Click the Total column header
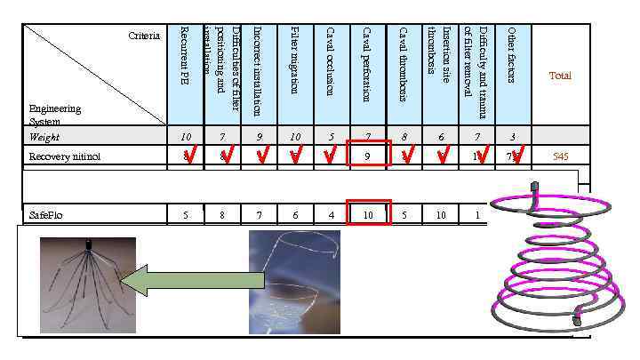tap(560, 76)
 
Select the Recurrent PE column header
tap(186, 54)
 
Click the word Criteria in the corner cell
tap(144, 36)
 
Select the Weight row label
tap(44, 137)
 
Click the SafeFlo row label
tap(46, 215)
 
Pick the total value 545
tap(560, 156)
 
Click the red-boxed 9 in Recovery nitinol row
tap(367, 156)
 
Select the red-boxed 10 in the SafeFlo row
tap(367, 214)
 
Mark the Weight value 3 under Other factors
tap(512, 137)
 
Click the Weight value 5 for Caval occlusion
tap(331, 137)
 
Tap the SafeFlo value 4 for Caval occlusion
tap(331, 215)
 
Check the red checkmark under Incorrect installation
tap(262, 156)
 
